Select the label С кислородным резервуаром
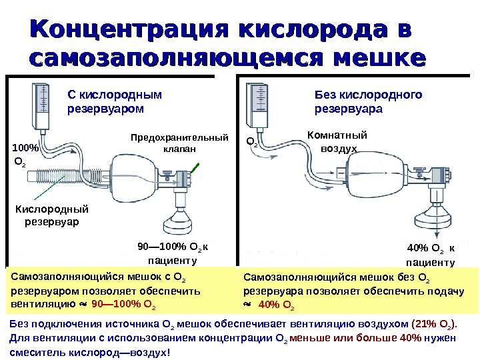[x=106, y=101]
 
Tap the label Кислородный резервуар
[x=51, y=215]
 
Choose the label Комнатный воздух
[x=336, y=142]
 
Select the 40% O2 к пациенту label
[x=430, y=255]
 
